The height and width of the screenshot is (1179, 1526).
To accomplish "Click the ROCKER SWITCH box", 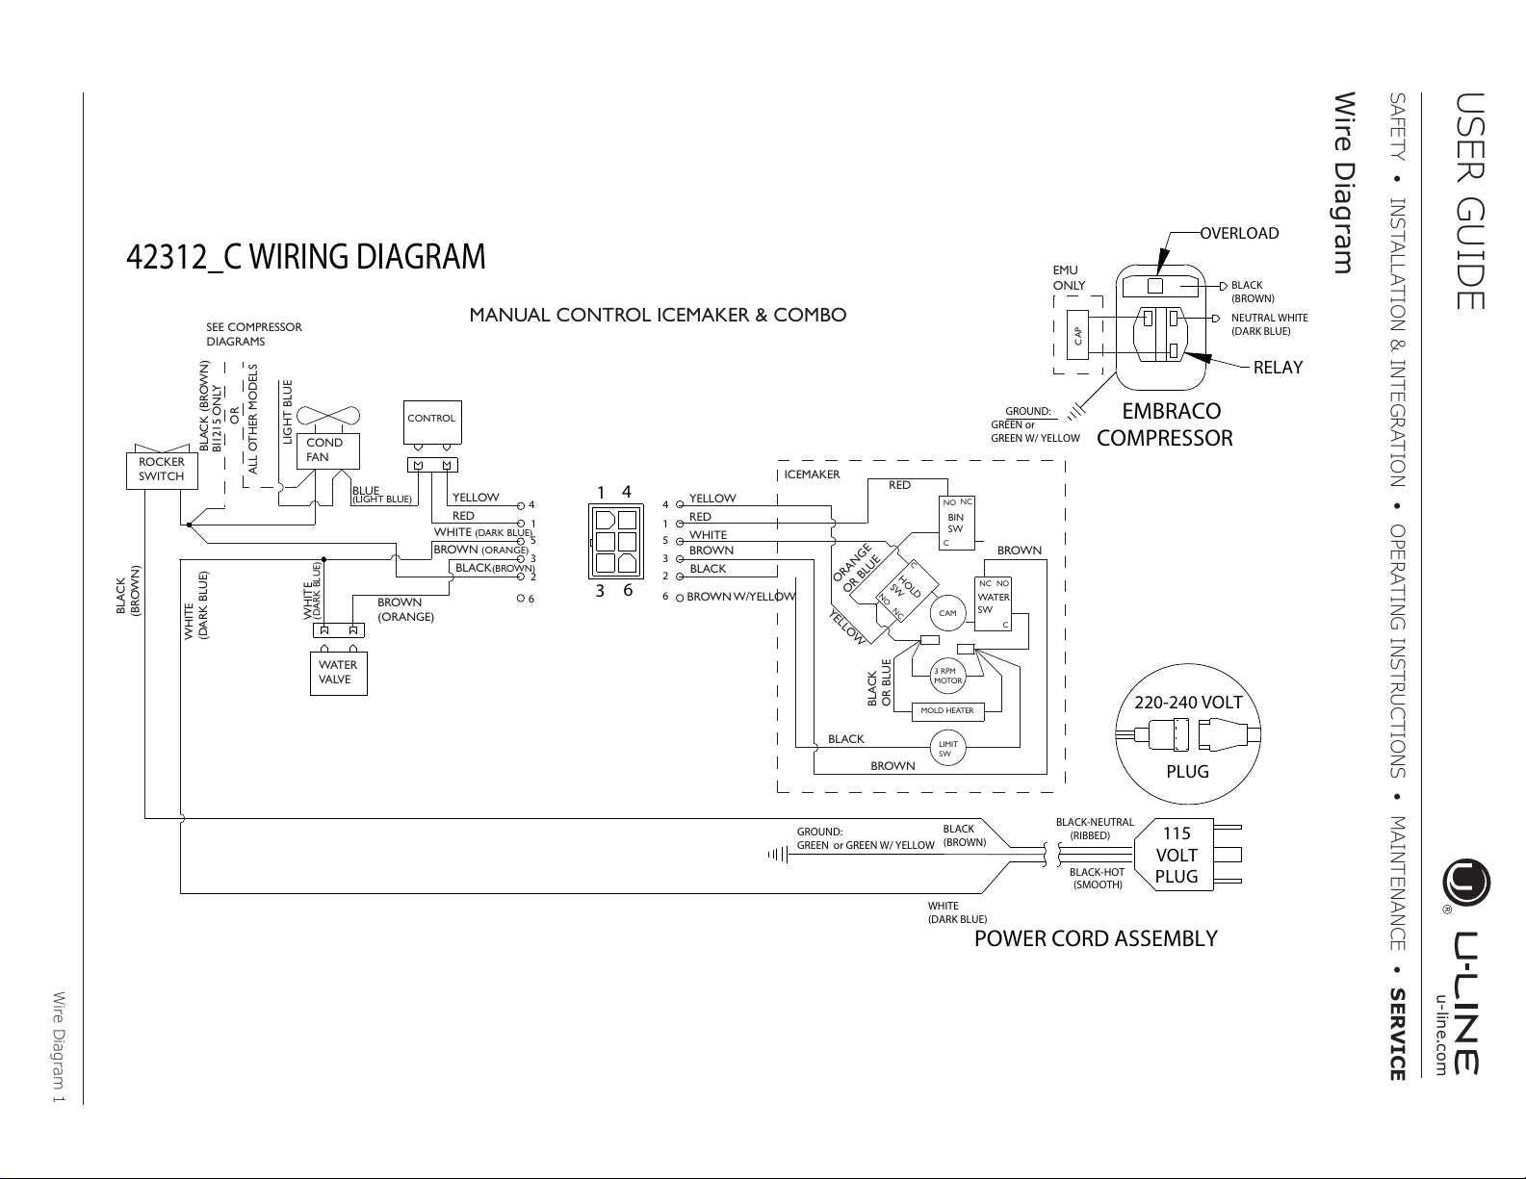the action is pyautogui.click(x=162, y=471).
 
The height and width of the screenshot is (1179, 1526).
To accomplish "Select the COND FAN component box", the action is pyautogui.click(x=328, y=450).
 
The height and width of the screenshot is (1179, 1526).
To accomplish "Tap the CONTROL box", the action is pyautogui.click(x=432, y=422).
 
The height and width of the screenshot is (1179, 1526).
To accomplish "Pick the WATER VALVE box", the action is pyautogui.click(x=339, y=674).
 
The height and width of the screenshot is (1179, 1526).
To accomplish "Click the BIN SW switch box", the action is pyautogui.click(x=956, y=523).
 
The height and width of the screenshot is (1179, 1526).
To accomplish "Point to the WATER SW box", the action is pyautogui.click(x=993, y=603).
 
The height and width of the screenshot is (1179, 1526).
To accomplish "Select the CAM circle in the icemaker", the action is pyautogui.click(x=947, y=613).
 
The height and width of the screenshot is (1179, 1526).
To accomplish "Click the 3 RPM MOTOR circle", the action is pyautogui.click(x=947, y=676).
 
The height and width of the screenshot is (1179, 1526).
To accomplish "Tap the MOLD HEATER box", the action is pyautogui.click(x=947, y=711).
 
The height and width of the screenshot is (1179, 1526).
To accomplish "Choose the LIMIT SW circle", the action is pyautogui.click(x=947, y=749).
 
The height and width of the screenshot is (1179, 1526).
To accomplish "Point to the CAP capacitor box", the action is pyautogui.click(x=1078, y=335).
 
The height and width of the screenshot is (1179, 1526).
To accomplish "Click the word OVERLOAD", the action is pyautogui.click(x=1239, y=233).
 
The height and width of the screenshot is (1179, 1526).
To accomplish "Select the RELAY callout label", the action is pyautogui.click(x=1279, y=367).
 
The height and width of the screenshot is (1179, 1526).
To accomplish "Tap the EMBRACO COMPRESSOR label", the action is pyautogui.click(x=1165, y=423).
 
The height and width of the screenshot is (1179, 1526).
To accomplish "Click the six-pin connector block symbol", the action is pyautogui.click(x=616, y=541).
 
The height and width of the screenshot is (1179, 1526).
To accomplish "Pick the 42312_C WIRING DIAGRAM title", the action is pyautogui.click(x=306, y=257).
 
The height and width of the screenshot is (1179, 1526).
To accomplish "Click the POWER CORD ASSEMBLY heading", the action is pyautogui.click(x=1096, y=938).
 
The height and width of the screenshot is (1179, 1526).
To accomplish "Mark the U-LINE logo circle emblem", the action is pyautogui.click(x=1466, y=883).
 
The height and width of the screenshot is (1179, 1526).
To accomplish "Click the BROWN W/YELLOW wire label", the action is pyautogui.click(x=741, y=597).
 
